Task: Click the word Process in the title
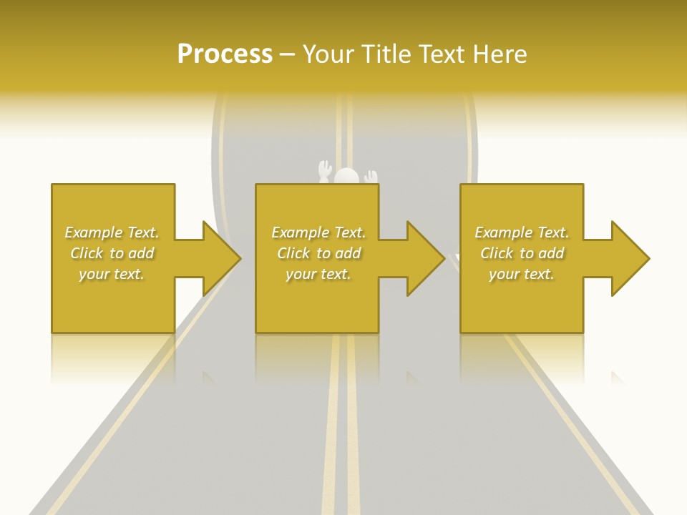click(225, 54)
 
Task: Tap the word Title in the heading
click(387, 54)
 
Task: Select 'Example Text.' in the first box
click(112, 232)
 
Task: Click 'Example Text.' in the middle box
click(318, 232)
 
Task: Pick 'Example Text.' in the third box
click(522, 232)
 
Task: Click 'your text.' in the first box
click(112, 274)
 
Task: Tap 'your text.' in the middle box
click(318, 274)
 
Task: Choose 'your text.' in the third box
click(522, 274)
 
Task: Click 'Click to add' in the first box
click(112, 253)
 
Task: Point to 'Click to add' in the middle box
click(318, 253)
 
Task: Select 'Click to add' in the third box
click(522, 253)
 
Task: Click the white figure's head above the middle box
click(347, 177)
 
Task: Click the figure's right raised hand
click(370, 176)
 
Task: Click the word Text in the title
click(441, 54)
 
